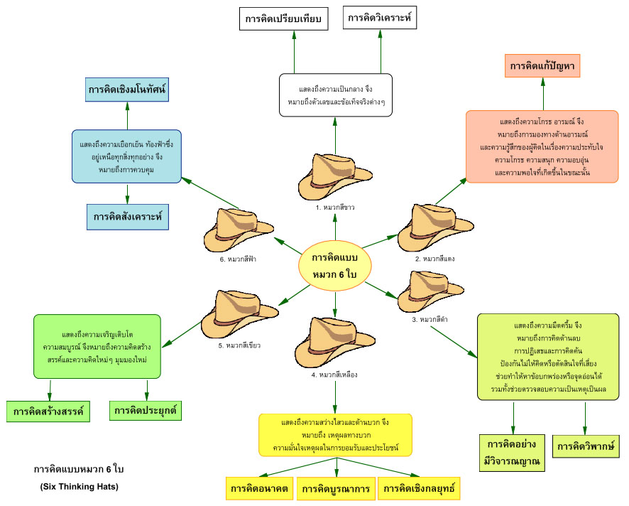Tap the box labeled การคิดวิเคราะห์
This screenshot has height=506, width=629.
tap(380, 18)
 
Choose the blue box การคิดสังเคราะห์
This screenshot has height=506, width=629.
tap(128, 216)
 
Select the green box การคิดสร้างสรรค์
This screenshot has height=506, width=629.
tap(48, 411)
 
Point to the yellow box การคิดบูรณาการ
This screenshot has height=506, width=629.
tap(336, 489)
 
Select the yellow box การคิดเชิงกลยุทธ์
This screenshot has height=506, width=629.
tap(419, 489)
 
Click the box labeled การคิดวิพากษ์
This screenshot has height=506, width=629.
tap(585, 446)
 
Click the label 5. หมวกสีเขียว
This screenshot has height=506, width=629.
tap(238, 345)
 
